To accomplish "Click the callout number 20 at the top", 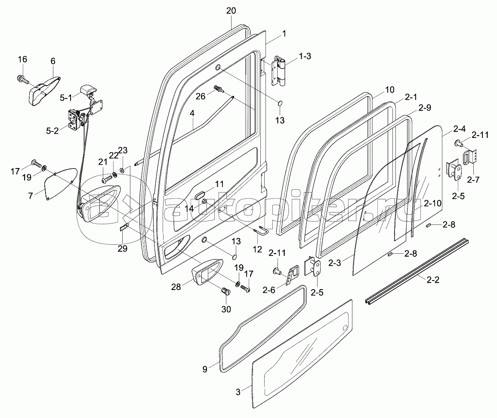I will (231, 11).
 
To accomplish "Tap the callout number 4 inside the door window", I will (192, 114).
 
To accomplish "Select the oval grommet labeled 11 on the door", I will (201, 196).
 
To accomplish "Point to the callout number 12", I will (257, 249).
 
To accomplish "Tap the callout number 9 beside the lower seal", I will (205, 369).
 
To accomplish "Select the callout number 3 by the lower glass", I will (238, 392).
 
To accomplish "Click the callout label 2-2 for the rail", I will (432, 280).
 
